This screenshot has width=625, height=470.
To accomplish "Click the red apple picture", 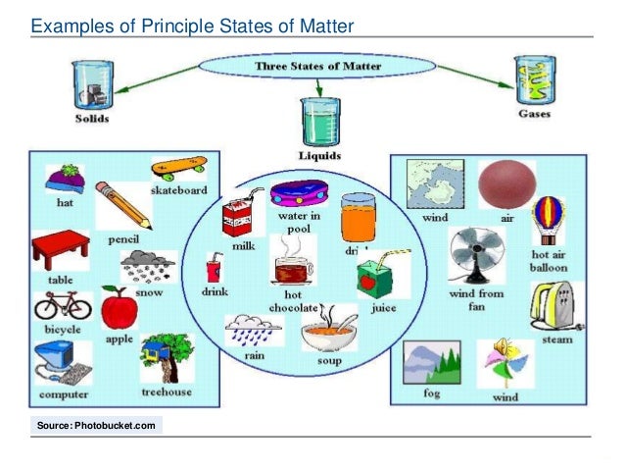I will pyautogui.click(x=120, y=309).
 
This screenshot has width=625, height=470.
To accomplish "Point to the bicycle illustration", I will pyautogui.click(x=62, y=306).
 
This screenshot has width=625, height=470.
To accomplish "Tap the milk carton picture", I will pyautogui.click(x=236, y=217).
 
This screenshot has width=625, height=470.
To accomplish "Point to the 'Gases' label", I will pyautogui.click(x=533, y=114).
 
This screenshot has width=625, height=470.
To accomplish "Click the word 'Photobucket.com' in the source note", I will pyautogui.click(x=119, y=425).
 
